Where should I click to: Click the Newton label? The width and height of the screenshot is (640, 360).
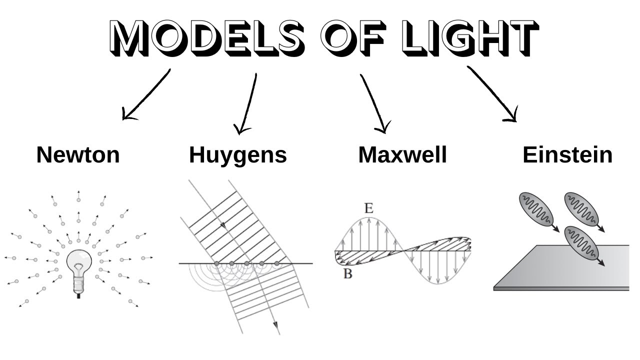click(78, 155)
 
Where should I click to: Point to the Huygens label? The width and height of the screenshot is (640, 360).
click(238, 155)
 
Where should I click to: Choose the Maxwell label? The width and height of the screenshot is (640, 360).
click(402, 155)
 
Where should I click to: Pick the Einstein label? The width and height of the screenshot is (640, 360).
click(567, 155)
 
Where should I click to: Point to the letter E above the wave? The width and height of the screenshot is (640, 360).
click(368, 208)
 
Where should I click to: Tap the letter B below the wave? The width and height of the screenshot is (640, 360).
click(347, 274)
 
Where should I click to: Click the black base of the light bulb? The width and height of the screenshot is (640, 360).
click(78, 296)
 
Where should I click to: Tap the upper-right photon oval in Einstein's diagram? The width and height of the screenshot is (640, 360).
click(581, 209)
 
